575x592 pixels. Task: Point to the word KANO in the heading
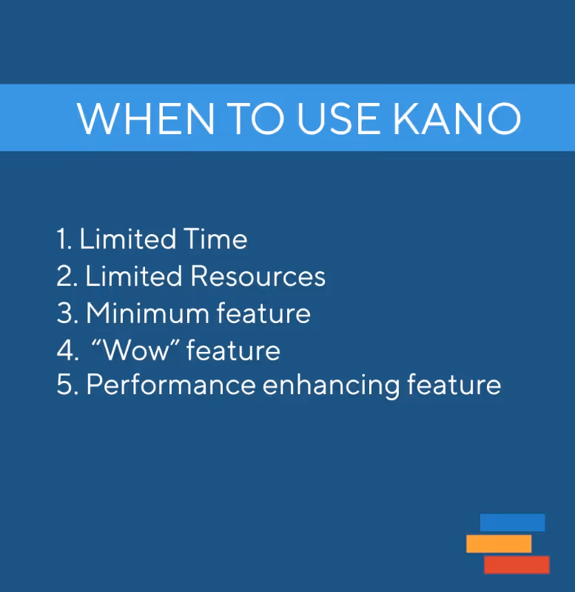[457, 119]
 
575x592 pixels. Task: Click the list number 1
[63, 239]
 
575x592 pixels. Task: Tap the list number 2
[66, 276]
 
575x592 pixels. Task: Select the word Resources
[258, 276]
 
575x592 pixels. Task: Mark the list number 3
[66, 313]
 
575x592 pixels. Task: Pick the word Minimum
[147, 313]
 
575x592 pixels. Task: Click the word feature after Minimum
[263, 313]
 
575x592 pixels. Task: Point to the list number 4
[66, 350]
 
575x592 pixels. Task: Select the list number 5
[66, 385]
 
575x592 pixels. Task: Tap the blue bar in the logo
[512, 522]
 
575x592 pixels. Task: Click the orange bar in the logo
[499, 544]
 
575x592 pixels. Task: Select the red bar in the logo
[517, 565]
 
